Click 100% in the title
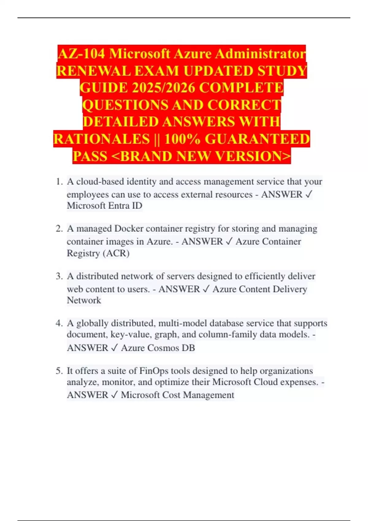point(182,139)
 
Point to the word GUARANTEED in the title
point(257,139)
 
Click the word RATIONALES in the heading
point(102,139)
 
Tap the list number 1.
point(59,182)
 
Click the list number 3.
point(59,276)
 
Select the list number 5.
point(59,371)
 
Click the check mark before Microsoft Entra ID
point(309,194)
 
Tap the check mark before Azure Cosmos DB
point(114,348)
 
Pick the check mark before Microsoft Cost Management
point(114,395)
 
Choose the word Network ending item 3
point(84,300)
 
